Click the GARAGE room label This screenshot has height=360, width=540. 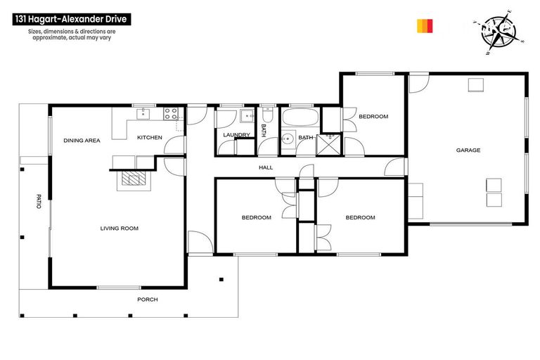click(468, 150)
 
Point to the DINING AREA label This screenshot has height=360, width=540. click(82, 141)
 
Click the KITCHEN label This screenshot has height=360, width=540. click(149, 137)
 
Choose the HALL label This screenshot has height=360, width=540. click(266, 167)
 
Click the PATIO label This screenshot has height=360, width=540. click(39, 200)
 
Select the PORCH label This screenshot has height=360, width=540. click(148, 300)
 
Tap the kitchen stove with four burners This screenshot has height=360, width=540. click(172, 112)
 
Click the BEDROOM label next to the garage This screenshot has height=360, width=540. click(373, 117)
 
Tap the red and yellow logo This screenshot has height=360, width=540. click(425, 26)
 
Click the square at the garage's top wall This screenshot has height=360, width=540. click(477, 85)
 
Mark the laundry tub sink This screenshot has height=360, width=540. click(246, 117)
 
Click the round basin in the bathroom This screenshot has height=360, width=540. click(287, 139)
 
